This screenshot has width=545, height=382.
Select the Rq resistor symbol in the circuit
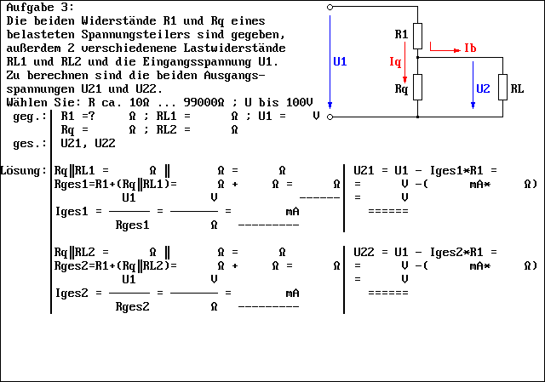(418, 88)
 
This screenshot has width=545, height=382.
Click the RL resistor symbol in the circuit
(503, 88)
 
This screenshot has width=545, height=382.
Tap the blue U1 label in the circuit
(340, 62)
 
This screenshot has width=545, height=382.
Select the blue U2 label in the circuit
(483, 88)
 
